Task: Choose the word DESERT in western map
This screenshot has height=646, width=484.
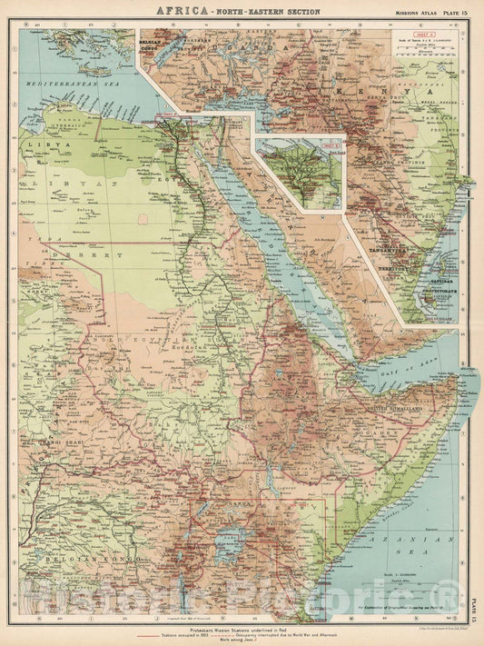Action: click(62, 258)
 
